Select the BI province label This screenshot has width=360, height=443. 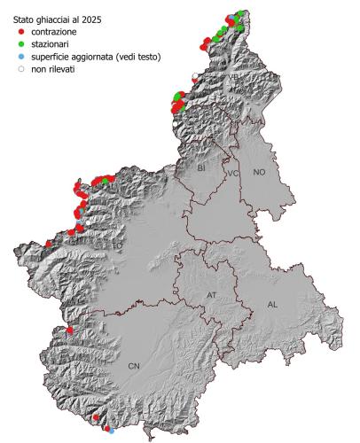point(201,167)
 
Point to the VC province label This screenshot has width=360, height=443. point(233,174)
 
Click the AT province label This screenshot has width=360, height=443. point(211,294)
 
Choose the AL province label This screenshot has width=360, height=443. point(273,304)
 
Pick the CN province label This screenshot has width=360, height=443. point(134,364)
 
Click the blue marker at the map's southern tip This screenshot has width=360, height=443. point(111,431)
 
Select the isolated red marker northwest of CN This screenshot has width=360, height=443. point(69,331)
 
